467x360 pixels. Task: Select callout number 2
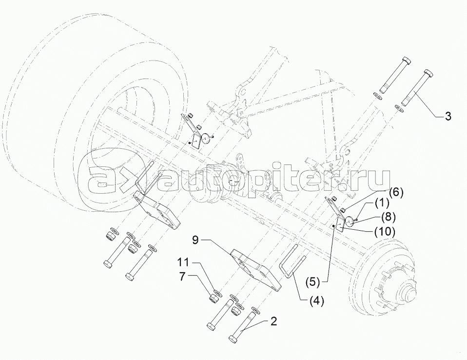tap(273, 321)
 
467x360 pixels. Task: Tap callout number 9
tap(195, 240)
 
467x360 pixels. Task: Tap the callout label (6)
tap(395, 193)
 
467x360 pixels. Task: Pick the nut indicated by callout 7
tap(213, 297)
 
